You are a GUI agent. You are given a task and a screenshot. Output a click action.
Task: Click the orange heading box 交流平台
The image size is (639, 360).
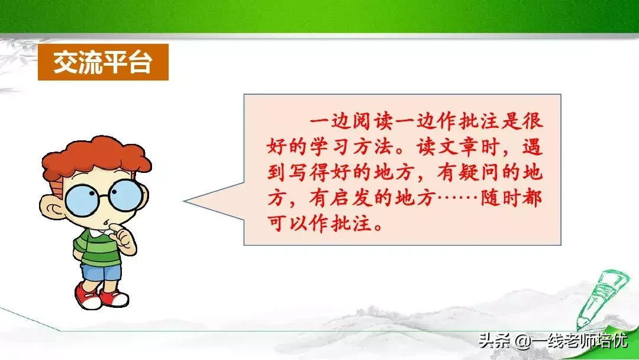pyautogui.click(x=103, y=62)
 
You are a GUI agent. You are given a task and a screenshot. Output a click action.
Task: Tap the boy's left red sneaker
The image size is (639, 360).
pyautogui.click(x=87, y=297)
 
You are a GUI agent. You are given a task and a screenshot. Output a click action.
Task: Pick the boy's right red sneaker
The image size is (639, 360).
pyautogui.click(x=115, y=298)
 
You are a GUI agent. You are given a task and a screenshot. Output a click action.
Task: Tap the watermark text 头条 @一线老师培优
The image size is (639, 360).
pyautogui.click(x=553, y=340)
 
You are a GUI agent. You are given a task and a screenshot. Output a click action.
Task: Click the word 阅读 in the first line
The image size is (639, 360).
pyautogui.click(x=372, y=121)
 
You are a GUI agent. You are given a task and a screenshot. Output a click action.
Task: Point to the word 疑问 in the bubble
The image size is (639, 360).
pyautogui.click(x=479, y=172)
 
